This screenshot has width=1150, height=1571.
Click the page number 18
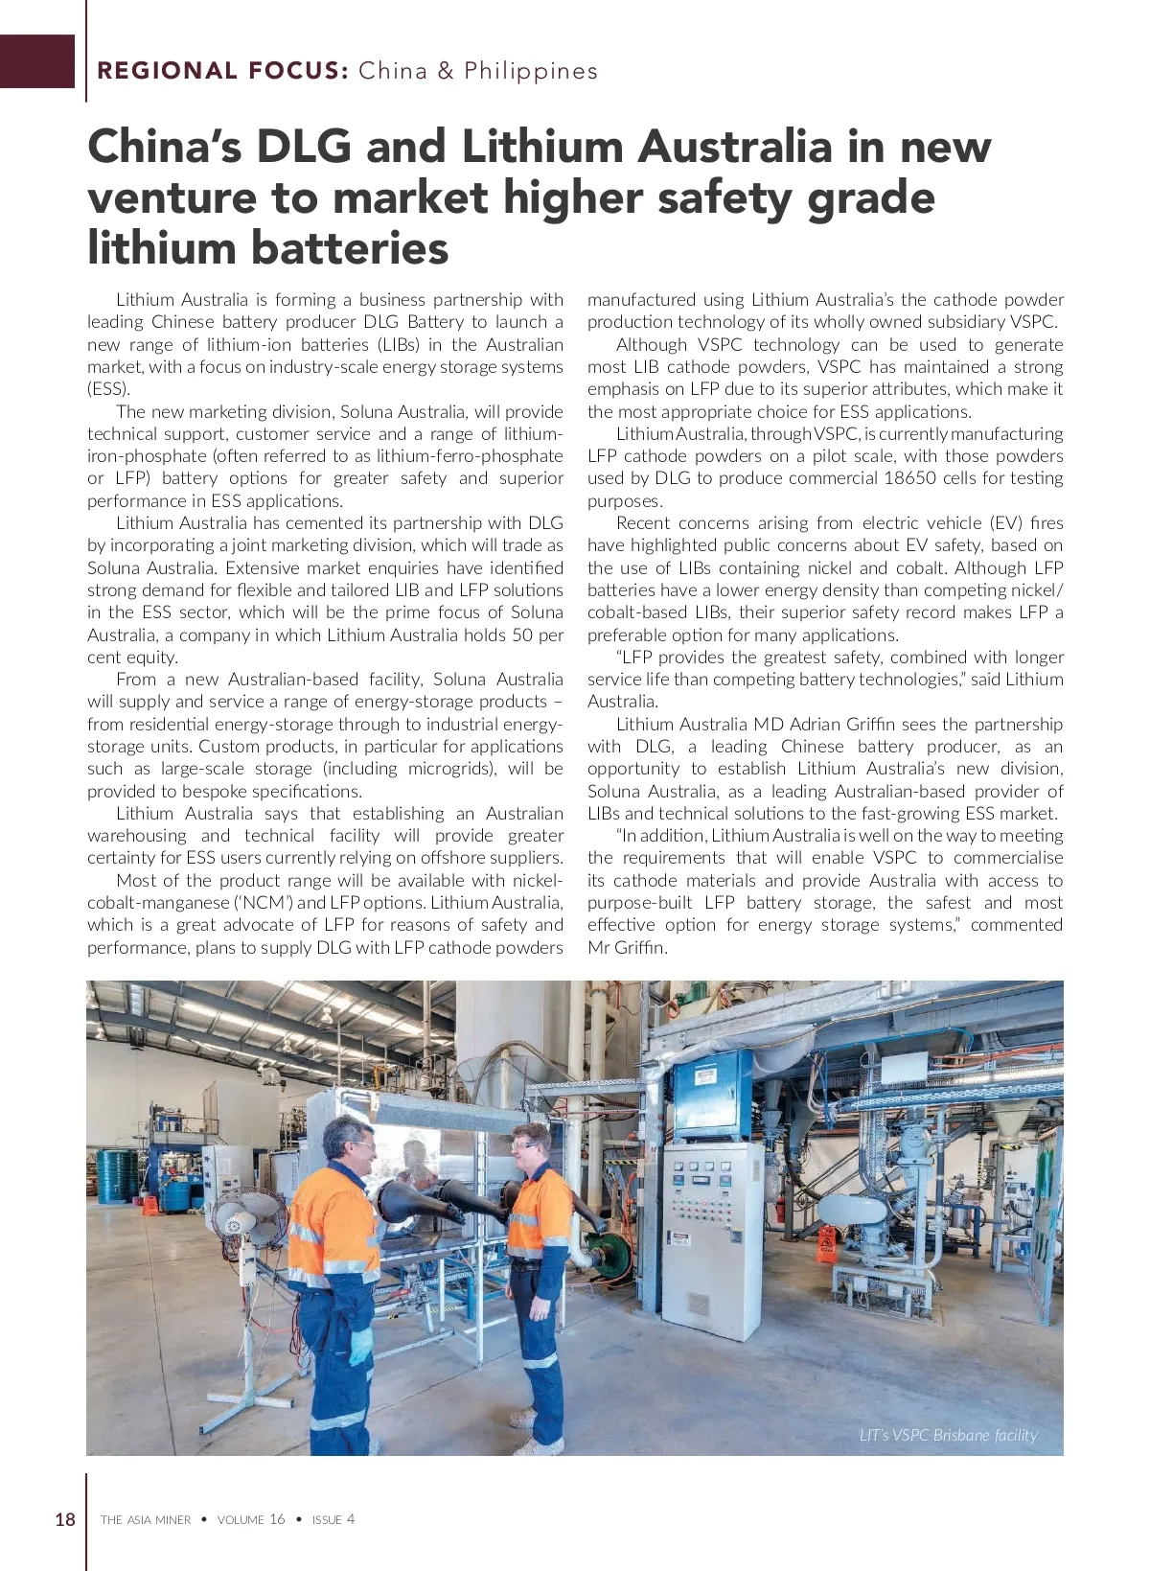(64, 1518)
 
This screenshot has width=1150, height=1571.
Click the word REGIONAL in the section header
(168, 71)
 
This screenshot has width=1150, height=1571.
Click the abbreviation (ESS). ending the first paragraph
(108, 389)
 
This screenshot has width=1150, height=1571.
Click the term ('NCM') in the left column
(264, 903)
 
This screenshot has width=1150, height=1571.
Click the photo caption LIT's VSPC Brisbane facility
(948, 1435)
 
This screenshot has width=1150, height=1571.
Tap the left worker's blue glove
(361, 1346)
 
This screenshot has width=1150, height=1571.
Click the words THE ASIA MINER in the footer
(146, 1519)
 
